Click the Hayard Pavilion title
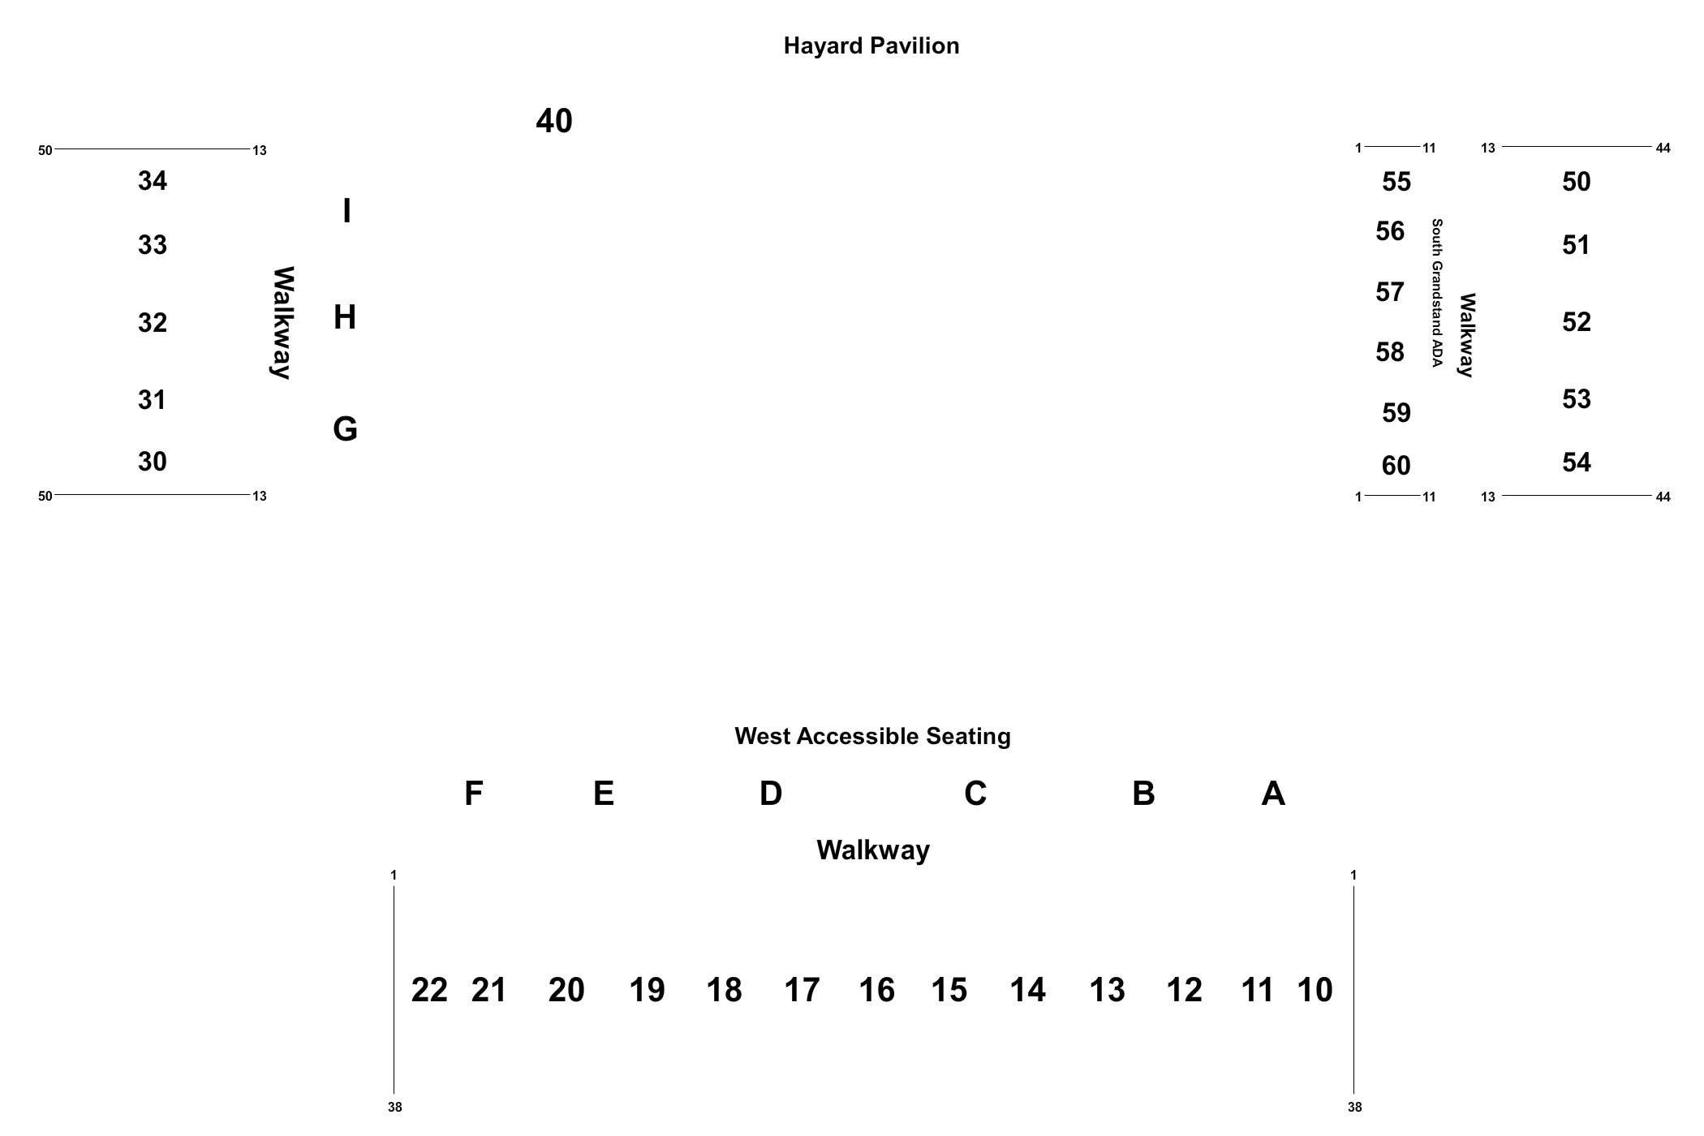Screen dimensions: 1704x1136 click(x=871, y=46)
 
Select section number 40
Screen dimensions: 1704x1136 click(x=554, y=122)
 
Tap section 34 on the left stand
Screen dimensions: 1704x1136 click(x=153, y=181)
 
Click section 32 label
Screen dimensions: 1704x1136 click(x=153, y=323)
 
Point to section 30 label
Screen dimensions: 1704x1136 click(x=153, y=462)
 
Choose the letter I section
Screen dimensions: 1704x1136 click(x=347, y=211)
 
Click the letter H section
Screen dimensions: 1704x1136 click(x=345, y=317)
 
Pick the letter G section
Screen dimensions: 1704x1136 click(x=346, y=429)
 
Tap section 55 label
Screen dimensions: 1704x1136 click(x=1396, y=182)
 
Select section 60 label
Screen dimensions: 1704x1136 click(x=1396, y=466)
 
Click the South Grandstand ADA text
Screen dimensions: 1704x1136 click(x=1437, y=293)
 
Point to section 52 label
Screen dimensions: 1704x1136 click(x=1577, y=322)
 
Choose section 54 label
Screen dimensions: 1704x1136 click(x=1577, y=463)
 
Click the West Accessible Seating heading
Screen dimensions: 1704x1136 click(x=873, y=737)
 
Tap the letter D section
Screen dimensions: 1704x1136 click(x=771, y=794)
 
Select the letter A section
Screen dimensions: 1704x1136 click(x=1273, y=794)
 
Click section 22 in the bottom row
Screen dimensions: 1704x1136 click(x=429, y=990)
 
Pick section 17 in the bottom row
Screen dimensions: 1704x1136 click(x=802, y=990)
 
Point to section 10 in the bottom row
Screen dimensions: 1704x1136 click(x=1315, y=990)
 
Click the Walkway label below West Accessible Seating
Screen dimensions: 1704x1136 click(x=873, y=850)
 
